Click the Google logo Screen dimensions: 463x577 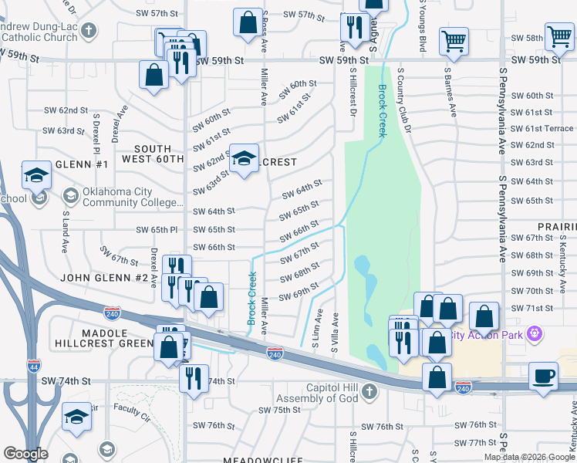(x=25, y=454)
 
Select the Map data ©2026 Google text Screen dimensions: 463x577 (x=528, y=457)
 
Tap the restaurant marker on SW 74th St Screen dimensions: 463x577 (x=193, y=378)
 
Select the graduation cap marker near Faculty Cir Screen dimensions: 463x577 (x=76, y=417)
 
